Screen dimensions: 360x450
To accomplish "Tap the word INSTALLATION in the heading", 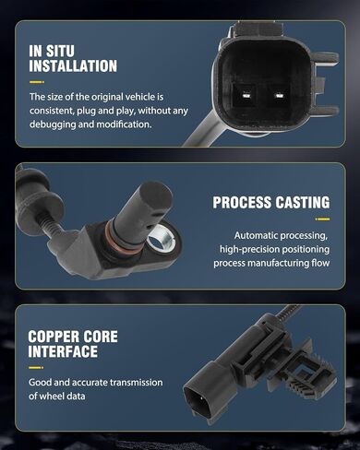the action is (73, 66).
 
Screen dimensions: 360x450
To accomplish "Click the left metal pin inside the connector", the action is (246, 96).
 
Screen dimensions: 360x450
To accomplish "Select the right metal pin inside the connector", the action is (279, 96).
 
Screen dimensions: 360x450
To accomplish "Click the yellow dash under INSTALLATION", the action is (37, 82).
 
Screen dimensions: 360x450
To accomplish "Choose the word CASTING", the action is (303, 203).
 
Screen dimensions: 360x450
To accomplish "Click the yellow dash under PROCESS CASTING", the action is (322, 219).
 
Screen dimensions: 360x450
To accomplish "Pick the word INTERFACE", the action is (63, 351).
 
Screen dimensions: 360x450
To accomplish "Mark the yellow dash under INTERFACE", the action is (36, 368).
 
